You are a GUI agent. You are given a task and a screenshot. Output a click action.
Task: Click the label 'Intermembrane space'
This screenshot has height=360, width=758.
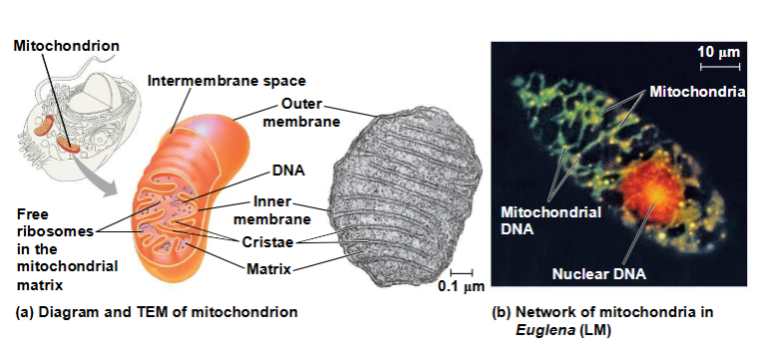coord(226,81)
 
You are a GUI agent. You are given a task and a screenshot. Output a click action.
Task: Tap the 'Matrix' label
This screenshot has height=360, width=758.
coord(268,268)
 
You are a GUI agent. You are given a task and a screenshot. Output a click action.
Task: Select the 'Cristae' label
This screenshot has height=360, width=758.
coord(267,242)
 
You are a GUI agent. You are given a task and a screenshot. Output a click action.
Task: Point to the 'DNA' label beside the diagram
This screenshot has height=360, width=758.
coord(288,171)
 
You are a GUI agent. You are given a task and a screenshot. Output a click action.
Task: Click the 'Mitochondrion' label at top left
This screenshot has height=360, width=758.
coord(66,46)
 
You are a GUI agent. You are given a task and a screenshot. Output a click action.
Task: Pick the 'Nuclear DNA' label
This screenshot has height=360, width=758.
coord(599,274)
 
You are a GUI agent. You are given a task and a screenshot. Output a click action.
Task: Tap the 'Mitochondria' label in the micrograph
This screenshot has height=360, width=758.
coord(697,92)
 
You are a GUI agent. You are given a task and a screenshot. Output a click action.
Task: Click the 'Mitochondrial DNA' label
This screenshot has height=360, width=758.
coord(551,220)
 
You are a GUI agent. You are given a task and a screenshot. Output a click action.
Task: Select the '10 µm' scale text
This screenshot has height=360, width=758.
coord(718,51)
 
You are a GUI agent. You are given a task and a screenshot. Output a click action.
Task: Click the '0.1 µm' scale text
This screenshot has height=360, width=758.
coord(461,286)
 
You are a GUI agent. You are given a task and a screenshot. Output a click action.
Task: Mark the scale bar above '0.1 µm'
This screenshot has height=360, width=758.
coord(461,272)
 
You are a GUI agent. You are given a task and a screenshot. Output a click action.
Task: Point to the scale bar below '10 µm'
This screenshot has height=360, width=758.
coord(720,66)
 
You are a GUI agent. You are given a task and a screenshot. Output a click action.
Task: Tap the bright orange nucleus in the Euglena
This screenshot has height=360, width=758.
coord(653,192)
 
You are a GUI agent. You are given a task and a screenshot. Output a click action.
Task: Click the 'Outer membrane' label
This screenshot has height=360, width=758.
coord(301,113)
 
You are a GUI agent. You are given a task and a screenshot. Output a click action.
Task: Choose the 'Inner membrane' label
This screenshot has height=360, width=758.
coord(272,210)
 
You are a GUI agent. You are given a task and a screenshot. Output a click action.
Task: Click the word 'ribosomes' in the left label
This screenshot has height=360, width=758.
coord(55,231)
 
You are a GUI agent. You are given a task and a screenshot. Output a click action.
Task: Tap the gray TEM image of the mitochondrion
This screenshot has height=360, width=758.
coord(407,198)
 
